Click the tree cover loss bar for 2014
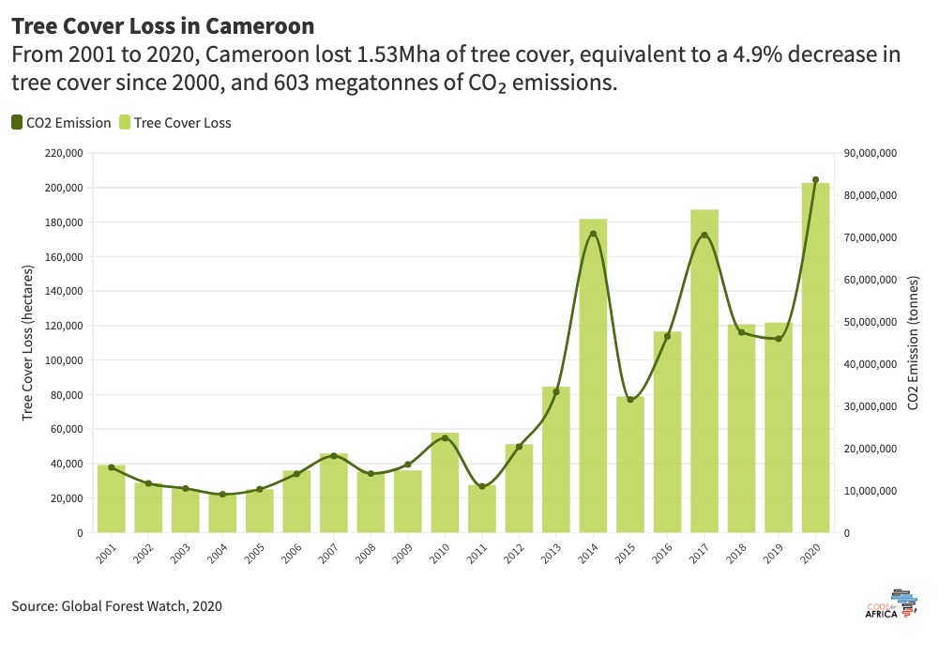(593, 375)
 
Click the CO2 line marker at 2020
(815, 179)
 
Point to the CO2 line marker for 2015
(630, 400)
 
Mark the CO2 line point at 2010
(445, 438)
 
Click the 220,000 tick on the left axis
(63, 153)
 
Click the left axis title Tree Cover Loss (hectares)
(29, 343)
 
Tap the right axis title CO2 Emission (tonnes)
(913, 343)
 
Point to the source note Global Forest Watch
(117, 606)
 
